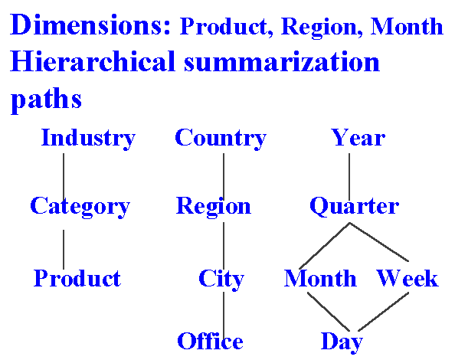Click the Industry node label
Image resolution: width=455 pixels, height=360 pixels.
coord(88,139)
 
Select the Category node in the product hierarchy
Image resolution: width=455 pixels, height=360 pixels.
coord(80,207)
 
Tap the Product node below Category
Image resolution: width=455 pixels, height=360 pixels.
coord(77,278)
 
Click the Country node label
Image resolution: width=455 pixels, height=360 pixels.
coord(221,139)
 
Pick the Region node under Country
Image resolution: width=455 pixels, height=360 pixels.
coord(214,207)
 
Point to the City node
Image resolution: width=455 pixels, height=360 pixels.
coord(221,279)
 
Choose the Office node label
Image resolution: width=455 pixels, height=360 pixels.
coord(210,341)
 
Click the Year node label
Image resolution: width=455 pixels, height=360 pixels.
coord(358,137)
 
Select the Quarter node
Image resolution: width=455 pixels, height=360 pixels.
coord(355,206)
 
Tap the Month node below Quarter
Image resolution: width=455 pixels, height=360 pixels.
coord(320,278)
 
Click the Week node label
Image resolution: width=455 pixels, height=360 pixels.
coord(408,278)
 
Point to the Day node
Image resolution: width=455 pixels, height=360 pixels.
coord(342,342)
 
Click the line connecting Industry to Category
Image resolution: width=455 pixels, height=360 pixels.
coord(64,177)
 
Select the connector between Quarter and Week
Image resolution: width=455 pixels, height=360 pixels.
coord(379,242)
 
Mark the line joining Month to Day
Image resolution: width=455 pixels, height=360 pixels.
coord(329,312)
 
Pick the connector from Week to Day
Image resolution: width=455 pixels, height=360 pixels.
coord(383,312)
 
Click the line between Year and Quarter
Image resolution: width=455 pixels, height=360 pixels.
coord(349,177)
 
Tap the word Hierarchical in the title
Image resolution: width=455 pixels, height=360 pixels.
coord(93,61)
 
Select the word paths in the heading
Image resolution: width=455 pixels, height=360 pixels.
coord(46,100)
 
